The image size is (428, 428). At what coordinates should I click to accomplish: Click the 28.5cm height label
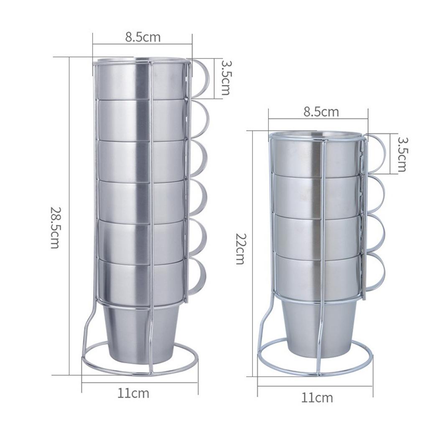pyautogui.click(x=55, y=227)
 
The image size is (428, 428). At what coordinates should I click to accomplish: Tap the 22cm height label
pyautogui.click(x=240, y=249)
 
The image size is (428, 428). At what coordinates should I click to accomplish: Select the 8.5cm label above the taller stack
pyautogui.click(x=143, y=37)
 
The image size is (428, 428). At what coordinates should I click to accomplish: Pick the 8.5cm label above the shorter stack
pyautogui.click(x=321, y=112)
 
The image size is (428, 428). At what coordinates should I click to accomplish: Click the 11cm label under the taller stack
pyautogui.click(x=133, y=393)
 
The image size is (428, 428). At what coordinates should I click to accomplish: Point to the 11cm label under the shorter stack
pyautogui.click(x=317, y=398)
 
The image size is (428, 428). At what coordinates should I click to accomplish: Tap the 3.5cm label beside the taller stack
pyautogui.click(x=225, y=77)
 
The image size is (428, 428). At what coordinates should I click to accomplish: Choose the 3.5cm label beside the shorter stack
pyautogui.click(x=402, y=154)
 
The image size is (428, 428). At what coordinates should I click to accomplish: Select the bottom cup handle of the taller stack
pyautogui.click(x=197, y=277)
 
